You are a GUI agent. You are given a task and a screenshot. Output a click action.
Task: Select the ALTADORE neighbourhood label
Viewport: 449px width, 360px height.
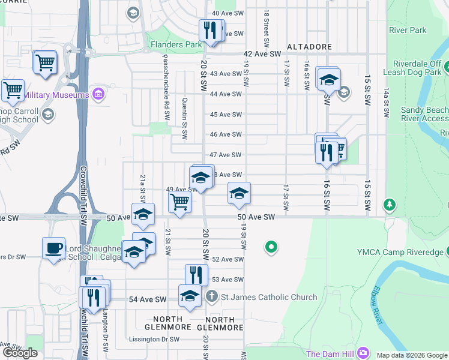tap(309, 46)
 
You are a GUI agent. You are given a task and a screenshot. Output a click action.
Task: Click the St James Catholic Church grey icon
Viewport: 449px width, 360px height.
tap(211, 297)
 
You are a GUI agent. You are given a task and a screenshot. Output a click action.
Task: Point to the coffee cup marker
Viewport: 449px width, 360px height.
tap(53, 248)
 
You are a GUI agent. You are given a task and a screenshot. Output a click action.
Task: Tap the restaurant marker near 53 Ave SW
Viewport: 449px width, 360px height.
tap(196, 275)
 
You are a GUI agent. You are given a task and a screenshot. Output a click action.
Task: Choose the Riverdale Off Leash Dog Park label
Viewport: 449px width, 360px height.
tap(418, 68)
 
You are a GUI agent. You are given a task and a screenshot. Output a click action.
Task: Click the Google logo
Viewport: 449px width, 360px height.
tap(20, 353)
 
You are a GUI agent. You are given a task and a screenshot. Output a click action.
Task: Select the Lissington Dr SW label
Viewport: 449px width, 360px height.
tap(154, 339)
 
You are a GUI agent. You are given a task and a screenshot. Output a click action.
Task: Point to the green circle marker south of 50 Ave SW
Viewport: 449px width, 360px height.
tap(271, 246)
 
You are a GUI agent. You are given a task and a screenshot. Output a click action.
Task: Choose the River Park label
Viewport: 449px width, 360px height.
tap(408, 30)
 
